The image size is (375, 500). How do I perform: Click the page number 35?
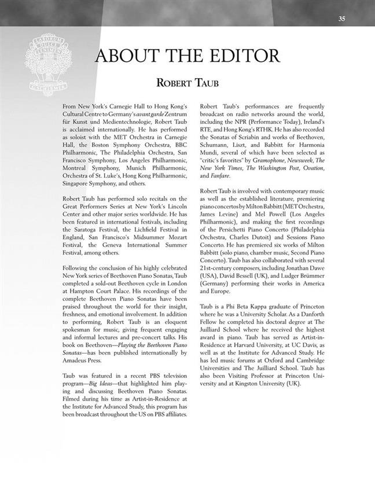click(341, 19)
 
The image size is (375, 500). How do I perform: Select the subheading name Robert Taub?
click(187, 83)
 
